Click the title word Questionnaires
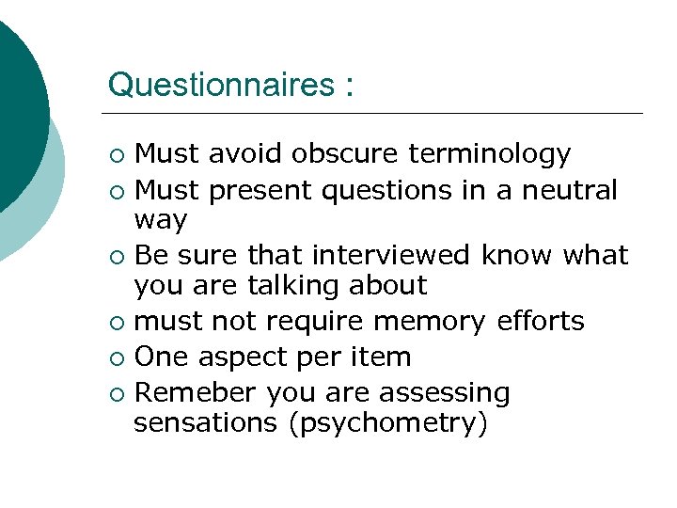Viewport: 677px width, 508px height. point(220,85)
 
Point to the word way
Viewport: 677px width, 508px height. point(161,222)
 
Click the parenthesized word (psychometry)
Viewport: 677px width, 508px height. point(388,424)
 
